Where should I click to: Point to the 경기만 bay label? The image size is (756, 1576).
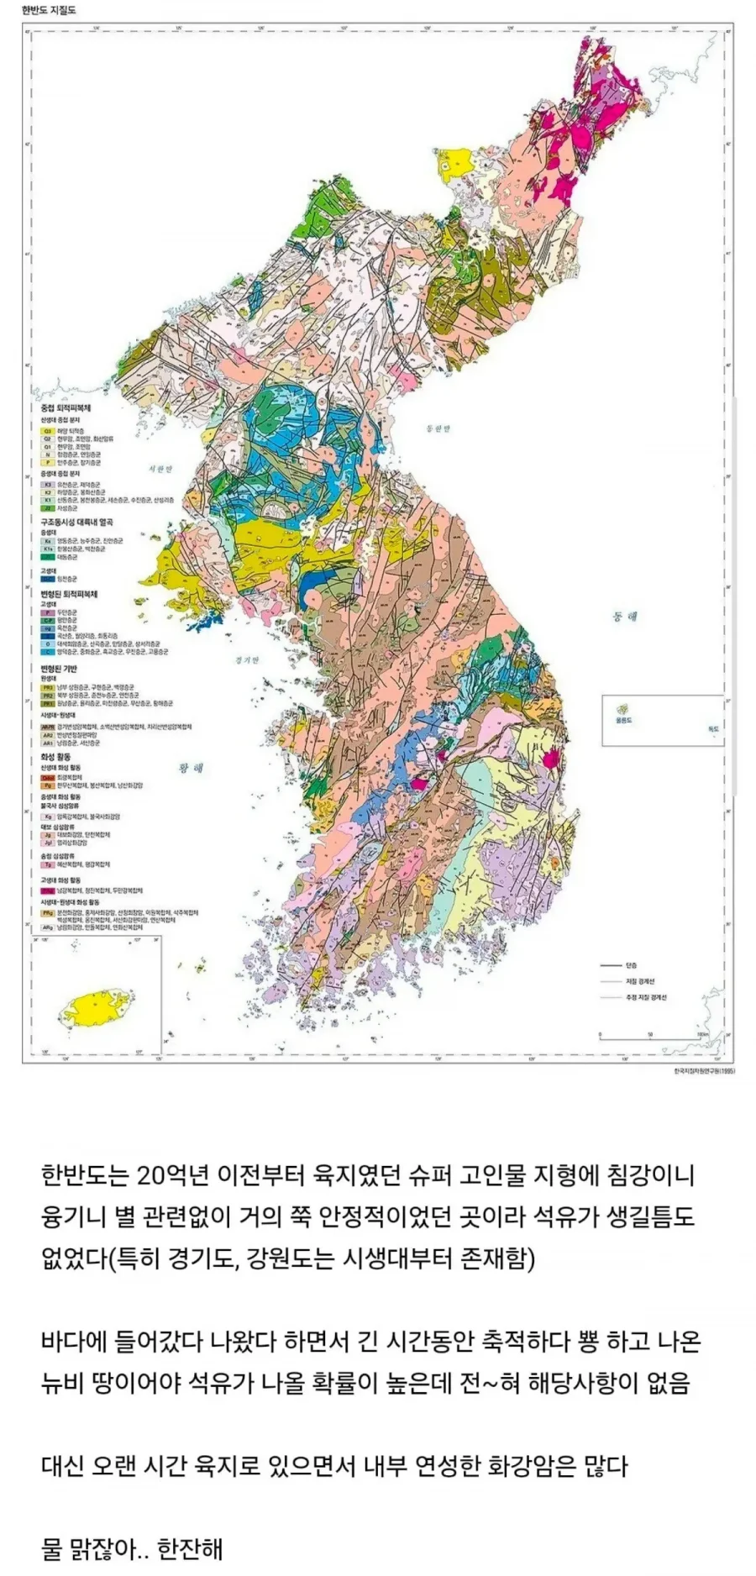(x=247, y=659)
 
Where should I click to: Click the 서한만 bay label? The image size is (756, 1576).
(x=159, y=469)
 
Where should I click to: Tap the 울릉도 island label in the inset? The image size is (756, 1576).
(x=623, y=721)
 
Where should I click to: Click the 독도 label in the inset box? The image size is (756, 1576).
(x=713, y=728)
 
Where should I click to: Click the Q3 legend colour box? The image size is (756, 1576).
(x=48, y=431)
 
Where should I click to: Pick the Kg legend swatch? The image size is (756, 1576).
(x=48, y=816)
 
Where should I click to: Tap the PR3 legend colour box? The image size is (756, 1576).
(x=48, y=686)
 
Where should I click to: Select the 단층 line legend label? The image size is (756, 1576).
(x=631, y=965)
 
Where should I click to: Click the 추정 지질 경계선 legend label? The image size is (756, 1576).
(x=645, y=997)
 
